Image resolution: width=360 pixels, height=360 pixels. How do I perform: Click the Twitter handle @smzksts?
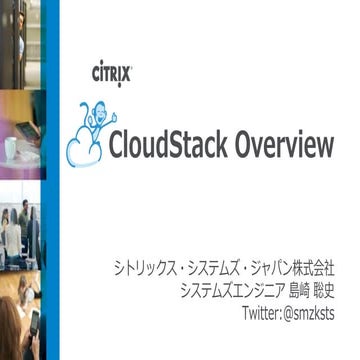click(302, 316)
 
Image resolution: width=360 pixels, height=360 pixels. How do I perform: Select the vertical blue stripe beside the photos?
click(51, 180)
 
